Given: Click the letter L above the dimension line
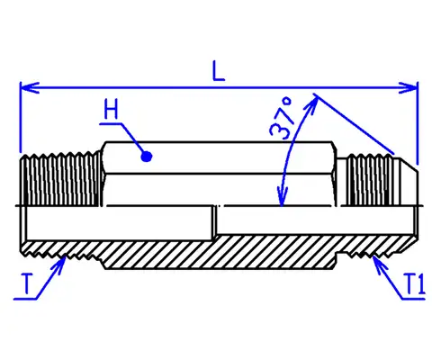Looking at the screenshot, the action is [219, 71].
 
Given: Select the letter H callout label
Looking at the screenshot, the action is [111, 109].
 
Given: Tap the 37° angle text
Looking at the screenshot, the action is [282, 118].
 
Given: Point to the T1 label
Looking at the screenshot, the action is [415, 283].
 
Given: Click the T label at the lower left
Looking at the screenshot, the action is [27, 283].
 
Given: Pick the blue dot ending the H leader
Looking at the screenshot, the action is [147, 157].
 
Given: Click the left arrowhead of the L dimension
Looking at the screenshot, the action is [30, 88].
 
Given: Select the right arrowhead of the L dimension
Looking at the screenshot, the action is [408, 88].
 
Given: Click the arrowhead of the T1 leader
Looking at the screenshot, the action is [377, 262].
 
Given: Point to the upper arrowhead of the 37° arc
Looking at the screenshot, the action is [312, 103].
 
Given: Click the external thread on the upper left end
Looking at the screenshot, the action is [60, 179].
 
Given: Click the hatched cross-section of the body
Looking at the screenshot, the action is [222, 251].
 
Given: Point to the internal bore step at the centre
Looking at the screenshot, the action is [215, 222].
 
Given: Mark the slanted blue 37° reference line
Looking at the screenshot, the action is [354, 124].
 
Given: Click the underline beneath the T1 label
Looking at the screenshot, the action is [413, 299].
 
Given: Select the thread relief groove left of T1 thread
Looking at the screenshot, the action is [339, 258].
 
